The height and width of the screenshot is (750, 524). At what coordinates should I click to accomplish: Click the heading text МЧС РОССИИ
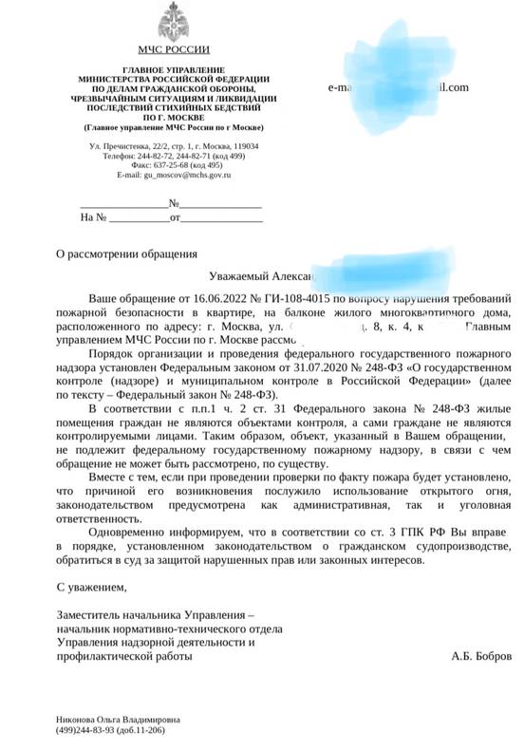174,48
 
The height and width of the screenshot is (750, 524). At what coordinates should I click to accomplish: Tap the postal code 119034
244,146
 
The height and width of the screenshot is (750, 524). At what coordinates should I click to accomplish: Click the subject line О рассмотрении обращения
127,254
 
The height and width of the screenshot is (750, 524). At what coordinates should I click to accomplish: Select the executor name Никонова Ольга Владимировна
119,720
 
